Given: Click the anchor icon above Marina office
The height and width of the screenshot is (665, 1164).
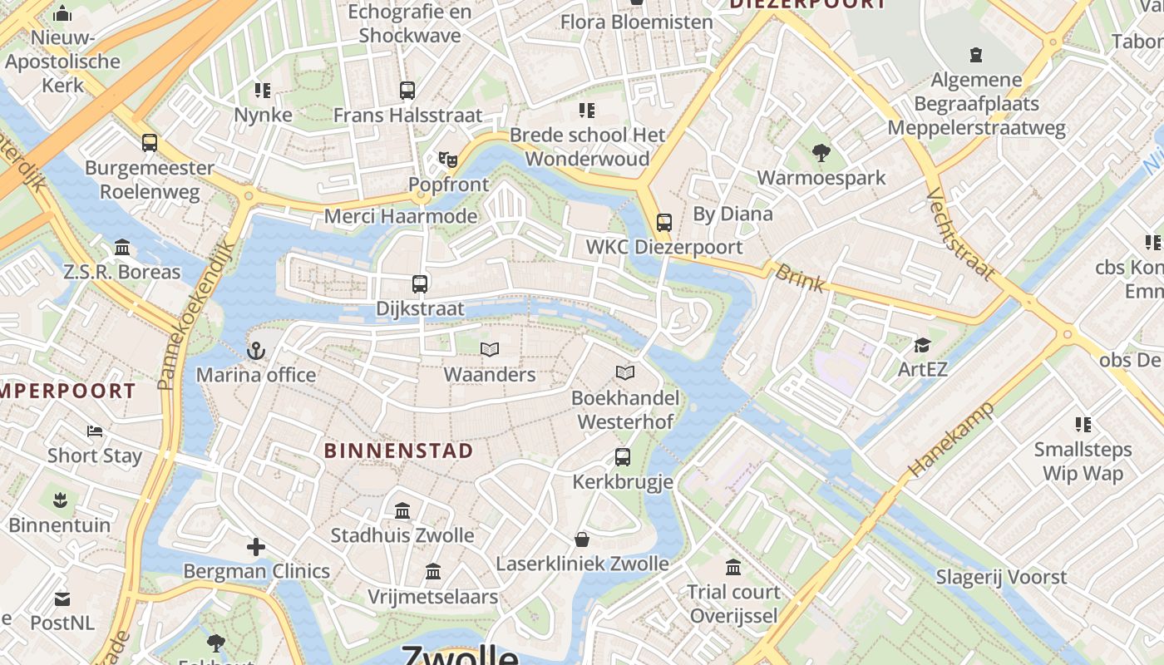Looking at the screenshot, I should tap(256, 351).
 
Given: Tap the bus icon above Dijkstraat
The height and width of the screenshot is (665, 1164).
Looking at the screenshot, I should tap(420, 283).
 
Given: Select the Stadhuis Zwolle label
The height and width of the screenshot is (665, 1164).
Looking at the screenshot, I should tap(402, 534).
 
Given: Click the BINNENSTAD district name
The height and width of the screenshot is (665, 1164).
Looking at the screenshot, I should tap(398, 451).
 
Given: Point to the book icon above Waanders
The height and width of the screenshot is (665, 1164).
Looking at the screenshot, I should tap(490, 350).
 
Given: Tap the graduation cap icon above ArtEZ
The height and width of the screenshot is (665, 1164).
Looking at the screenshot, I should tap(922, 345).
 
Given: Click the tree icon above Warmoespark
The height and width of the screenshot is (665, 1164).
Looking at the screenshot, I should tap(821, 153).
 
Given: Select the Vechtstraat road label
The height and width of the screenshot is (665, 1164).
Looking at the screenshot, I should tap(959, 235).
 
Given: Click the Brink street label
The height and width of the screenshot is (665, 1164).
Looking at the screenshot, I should tap(801, 278).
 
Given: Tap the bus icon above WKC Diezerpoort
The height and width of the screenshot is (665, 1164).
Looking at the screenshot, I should tap(663, 223).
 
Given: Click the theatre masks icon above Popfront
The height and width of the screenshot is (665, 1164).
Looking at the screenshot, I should tap(448, 159).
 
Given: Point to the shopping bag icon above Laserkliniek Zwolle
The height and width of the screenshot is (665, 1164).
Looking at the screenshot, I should tap(582, 539).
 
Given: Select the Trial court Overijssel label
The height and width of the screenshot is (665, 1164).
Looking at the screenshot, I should tap(733, 603).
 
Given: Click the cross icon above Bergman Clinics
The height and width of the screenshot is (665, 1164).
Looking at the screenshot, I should tap(256, 547).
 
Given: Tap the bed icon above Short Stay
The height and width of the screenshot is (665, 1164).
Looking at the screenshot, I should tap(95, 431).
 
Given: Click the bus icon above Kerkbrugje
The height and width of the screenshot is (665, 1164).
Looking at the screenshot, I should tap(622, 457).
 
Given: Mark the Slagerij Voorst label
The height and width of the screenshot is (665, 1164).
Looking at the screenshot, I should tap(1001, 577).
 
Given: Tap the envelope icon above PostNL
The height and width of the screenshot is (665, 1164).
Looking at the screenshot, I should tap(62, 598).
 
